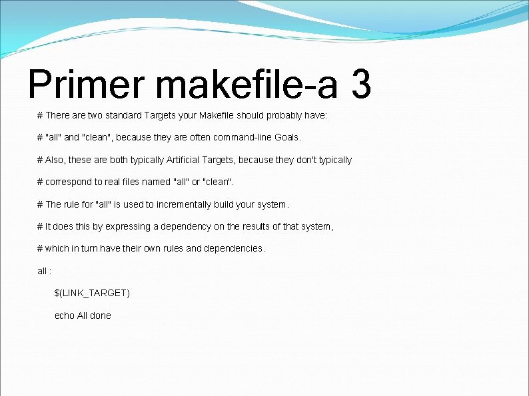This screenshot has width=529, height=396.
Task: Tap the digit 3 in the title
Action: tap(360, 85)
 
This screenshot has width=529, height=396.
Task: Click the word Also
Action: tap(56, 160)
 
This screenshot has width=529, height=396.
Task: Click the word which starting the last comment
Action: tap(57, 249)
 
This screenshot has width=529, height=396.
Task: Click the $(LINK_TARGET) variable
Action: tap(92, 294)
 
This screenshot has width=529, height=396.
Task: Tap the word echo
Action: tap(64, 315)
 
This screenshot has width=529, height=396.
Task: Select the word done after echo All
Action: tap(101, 315)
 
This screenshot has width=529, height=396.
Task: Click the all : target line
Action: tap(44, 271)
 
